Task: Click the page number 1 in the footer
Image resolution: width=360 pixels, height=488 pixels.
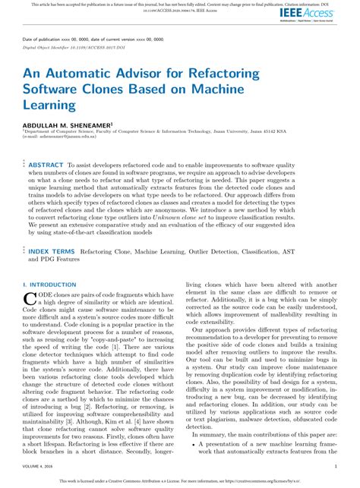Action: coord(336,467)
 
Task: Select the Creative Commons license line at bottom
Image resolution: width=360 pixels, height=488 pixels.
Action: coord(180,481)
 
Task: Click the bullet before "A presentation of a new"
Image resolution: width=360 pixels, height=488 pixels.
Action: coord(196,442)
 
